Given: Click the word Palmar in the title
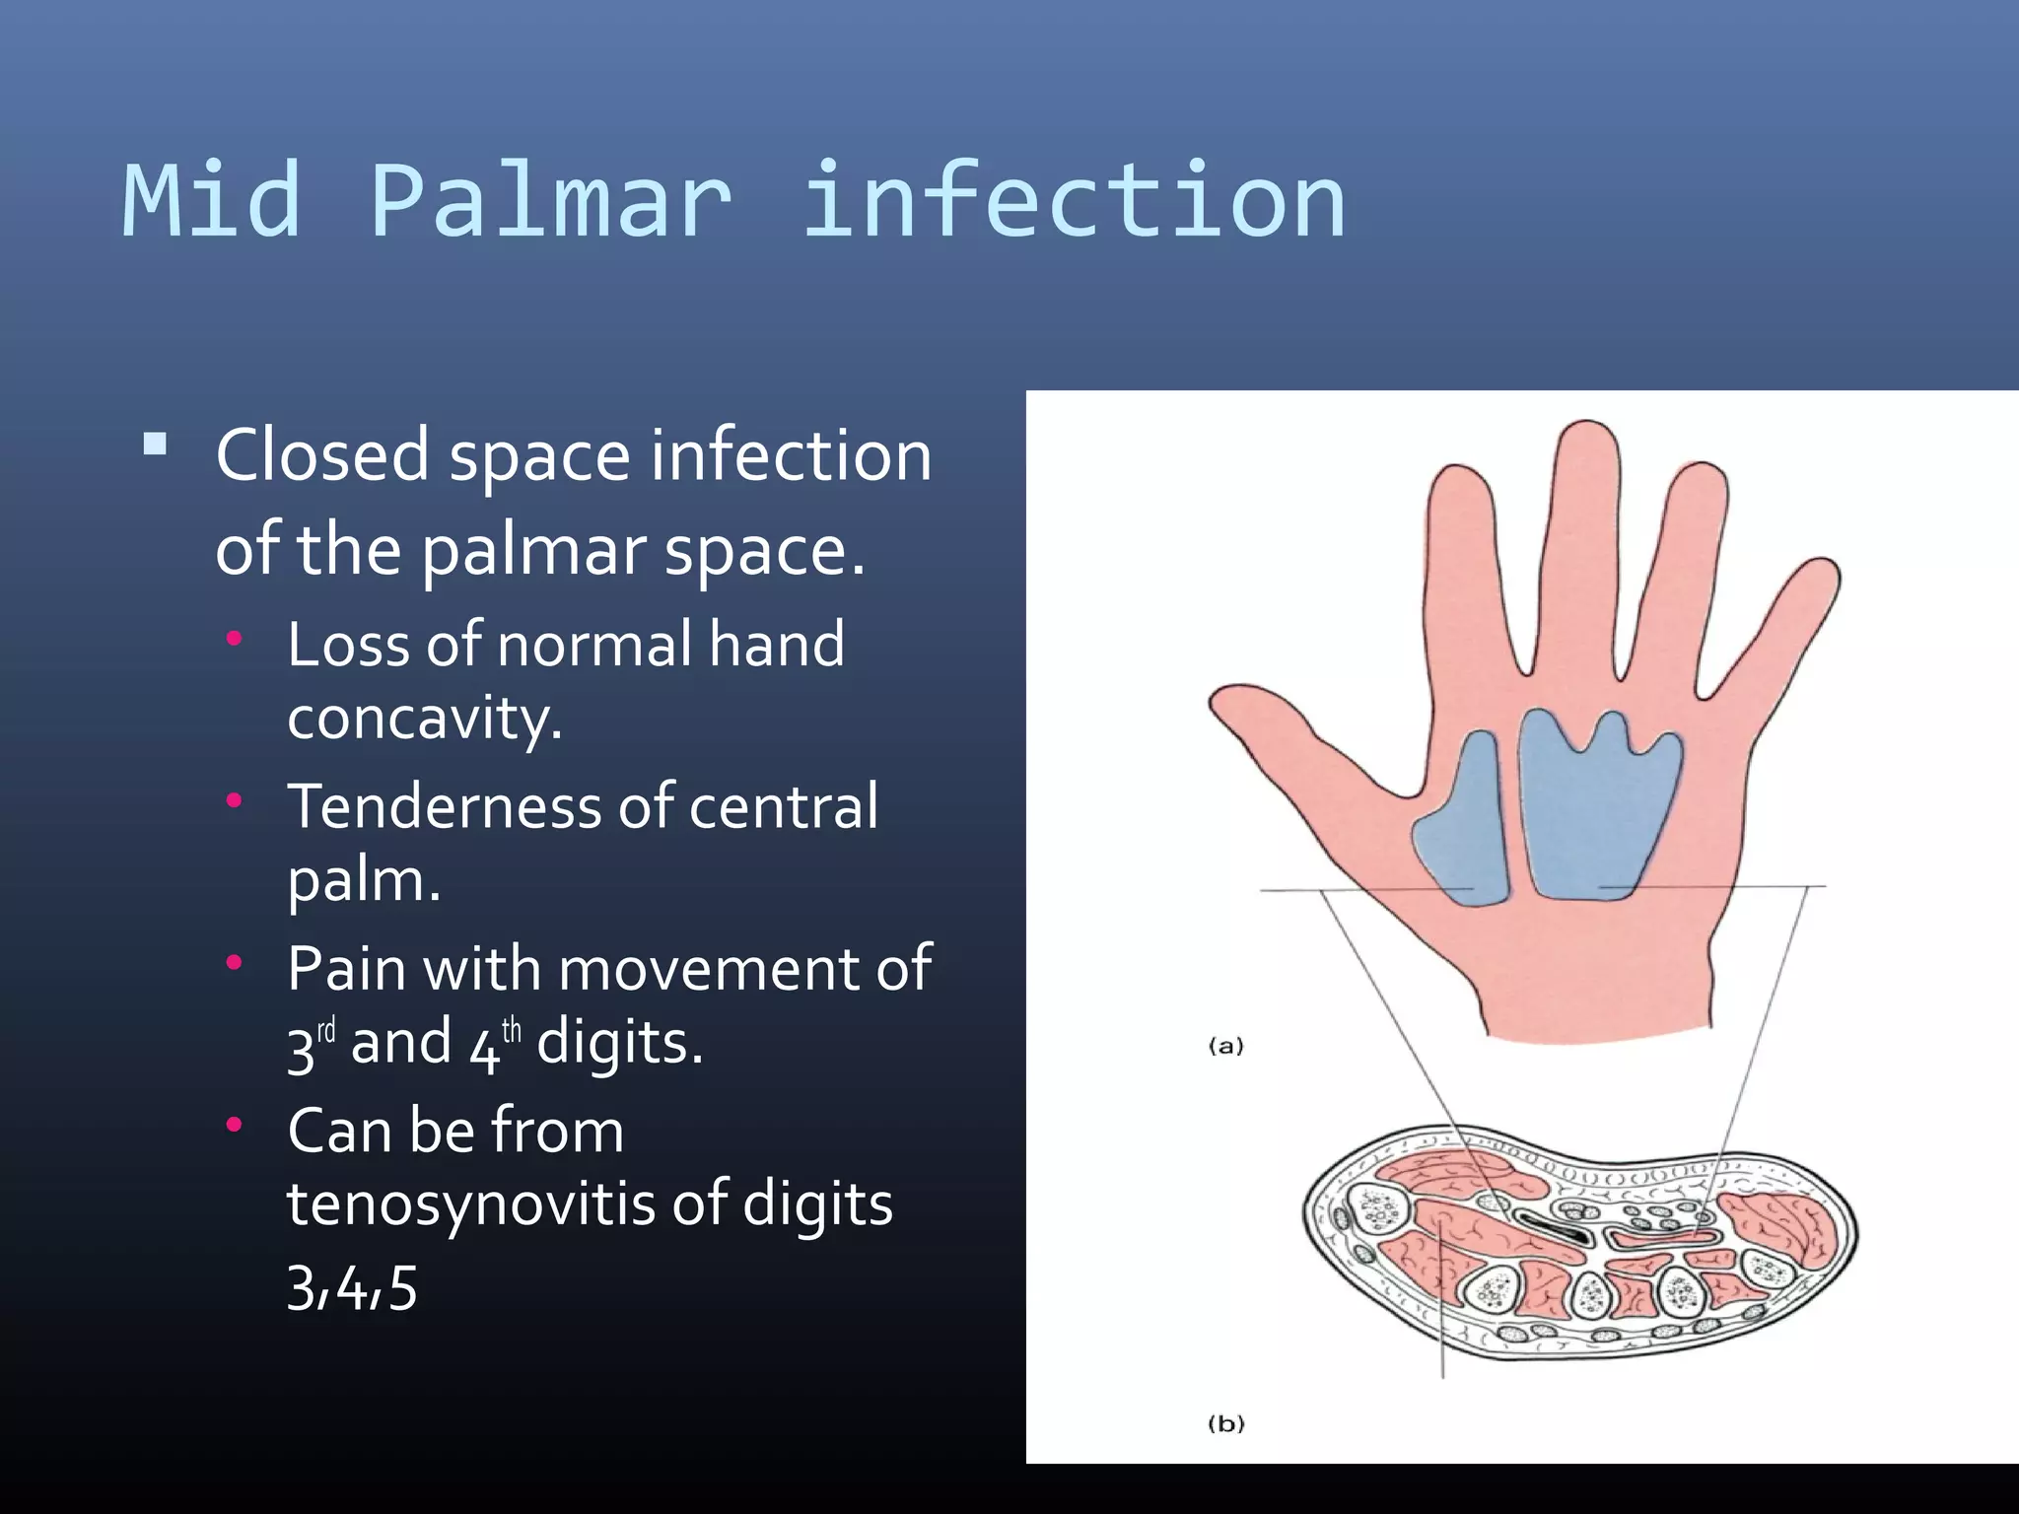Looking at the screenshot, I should tap(550, 202).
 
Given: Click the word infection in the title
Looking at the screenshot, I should tap(1073, 202).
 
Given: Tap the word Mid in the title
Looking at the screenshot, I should tap(211, 202).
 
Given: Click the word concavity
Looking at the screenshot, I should tap(424, 718).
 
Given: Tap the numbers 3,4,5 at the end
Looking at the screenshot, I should tap(352, 1287).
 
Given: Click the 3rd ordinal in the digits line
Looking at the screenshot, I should tap(311, 1045).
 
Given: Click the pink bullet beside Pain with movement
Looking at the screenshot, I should tap(234, 962).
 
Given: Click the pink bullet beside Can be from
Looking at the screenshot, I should tap(234, 1125).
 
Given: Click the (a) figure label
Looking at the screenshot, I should tap(1226, 1046).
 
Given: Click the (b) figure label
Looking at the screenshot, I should tap(1226, 1423).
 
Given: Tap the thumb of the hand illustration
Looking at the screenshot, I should tap(1272, 720).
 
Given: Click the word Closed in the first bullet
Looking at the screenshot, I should tap(321, 455).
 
